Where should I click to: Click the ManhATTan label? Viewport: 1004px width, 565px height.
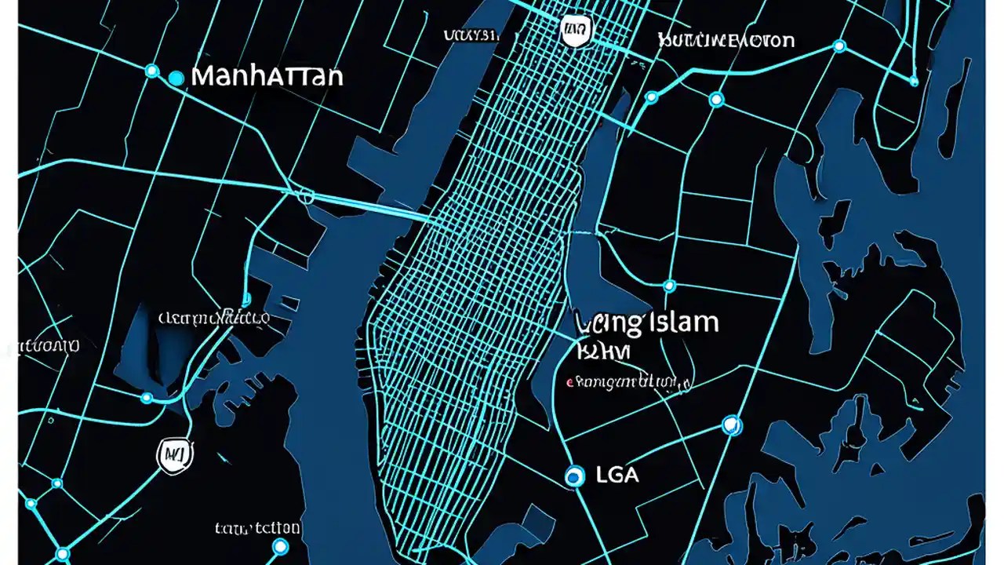(x=267, y=77)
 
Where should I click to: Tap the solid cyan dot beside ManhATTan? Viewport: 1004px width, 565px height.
(x=176, y=77)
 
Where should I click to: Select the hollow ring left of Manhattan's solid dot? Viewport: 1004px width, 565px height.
(x=151, y=71)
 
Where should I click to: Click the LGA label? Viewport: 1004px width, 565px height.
(x=618, y=475)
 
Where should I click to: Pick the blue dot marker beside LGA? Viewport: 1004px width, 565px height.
(x=575, y=476)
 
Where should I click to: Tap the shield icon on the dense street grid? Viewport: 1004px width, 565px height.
(x=577, y=31)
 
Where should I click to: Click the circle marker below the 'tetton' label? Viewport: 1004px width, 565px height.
(x=280, y=547)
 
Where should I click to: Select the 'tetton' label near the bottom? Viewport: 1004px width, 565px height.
(x=257, y=528)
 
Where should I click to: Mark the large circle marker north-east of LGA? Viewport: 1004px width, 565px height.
(x=731, y=425)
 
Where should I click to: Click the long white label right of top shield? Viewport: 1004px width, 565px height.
(x=726, y=40)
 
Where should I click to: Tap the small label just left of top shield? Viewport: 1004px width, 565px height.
(x=471, y=35)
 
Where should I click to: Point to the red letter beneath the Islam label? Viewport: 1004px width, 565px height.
(x=569, y=383)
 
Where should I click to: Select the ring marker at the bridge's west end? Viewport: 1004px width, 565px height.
(x=307, y=196)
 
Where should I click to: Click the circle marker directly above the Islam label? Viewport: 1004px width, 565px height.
(x=669, y=286)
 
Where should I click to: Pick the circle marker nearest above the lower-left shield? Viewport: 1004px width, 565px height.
(x=147, y=398)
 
